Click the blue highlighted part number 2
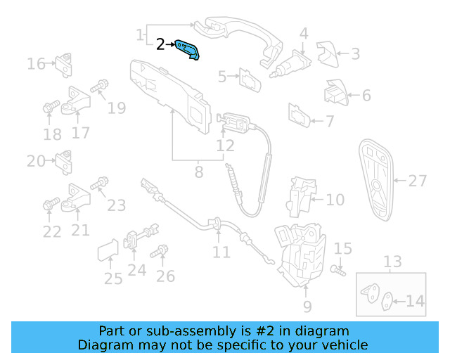[188, 49]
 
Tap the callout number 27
[418, 181]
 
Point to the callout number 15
[342, 248]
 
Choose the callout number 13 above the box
[392, 262]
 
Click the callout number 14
[416, 302]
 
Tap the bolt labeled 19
[99, 86]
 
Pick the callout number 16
[36, 65]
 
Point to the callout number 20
[36, 161]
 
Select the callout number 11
[221, 252]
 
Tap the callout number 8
[199, 171]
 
